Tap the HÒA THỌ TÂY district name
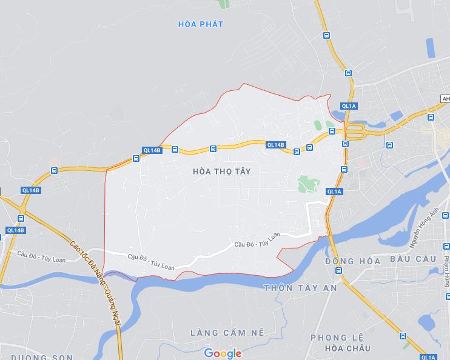(221, 172)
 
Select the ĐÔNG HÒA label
(352, 261)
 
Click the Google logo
(223, 353)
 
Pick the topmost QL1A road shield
(349, 106)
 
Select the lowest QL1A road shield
(428, 357)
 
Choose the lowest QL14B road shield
(15, 230)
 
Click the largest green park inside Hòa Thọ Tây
(309, 184)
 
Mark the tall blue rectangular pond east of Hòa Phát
(431, 48)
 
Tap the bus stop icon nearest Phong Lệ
(403, 336)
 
